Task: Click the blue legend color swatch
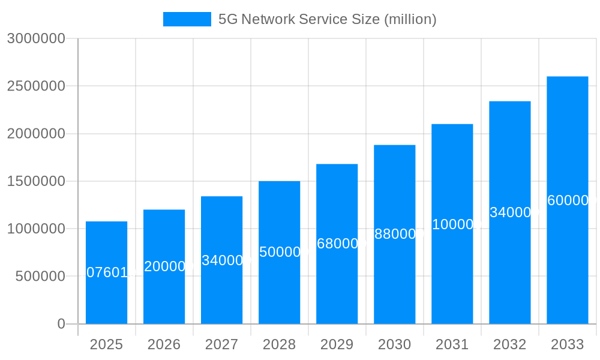pyautogui.click(x=187, y=19)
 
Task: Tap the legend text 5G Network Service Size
pyautogui.click(x=327, y=19)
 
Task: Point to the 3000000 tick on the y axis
pyautogui.click(x=36, y=38)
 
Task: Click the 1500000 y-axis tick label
pyautogui.click(x=36, y=181)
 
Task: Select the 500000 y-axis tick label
pyautogui.click(x=40, y=276)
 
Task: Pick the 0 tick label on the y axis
pyautogui.click(x=61, y=324)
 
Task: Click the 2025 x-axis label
pyautogui.click(x=106, y=344)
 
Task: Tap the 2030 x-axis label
pyautogui.click(x=394, y=344)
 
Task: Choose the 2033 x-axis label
pyautogui.click(x=567, y=344)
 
